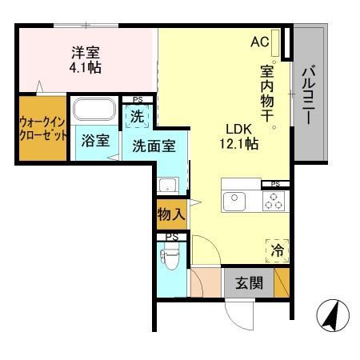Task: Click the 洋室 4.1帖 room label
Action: (86, 61)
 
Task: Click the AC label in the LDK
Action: (260, 42)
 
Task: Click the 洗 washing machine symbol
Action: (138, 117)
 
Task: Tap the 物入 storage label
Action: (170, 214)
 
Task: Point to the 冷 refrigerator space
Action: (276, 250)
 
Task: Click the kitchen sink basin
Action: (235, 202)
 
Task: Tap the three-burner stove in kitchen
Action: (273, 202)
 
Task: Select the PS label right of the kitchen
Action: (275, 184)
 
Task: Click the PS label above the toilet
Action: (171, 236)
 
